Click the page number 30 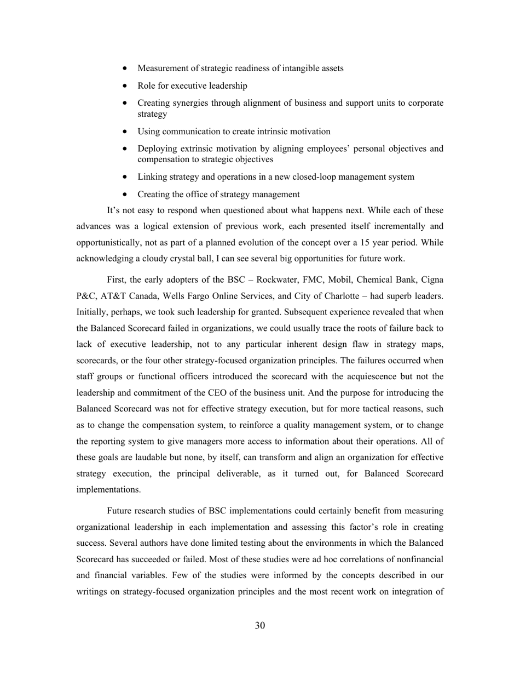pos(260,626)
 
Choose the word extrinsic pos(194,149)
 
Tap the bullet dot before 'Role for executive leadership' pos(126,86)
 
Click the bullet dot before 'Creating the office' pos(126,195)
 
